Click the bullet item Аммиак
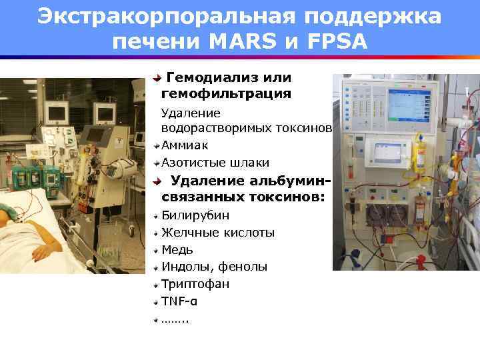tap(185, 145)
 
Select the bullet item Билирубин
tap(195, 215)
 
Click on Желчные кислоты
tap(218, 233)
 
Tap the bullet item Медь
tap(177, 250)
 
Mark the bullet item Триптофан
tap(195, 284)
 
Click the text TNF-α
tap(179, 301)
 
